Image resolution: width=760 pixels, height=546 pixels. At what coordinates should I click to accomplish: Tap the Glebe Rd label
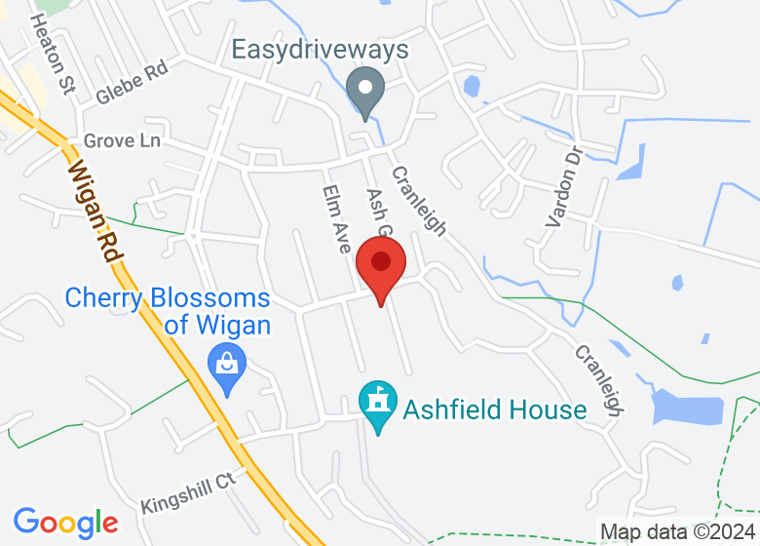pos(133,83)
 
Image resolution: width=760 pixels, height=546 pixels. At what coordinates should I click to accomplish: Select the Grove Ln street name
pos(122,141)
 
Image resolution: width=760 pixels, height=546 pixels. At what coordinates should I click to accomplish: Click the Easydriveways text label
pos(320,50)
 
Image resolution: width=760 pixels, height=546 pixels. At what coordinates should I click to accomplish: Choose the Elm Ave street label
pos(335,219)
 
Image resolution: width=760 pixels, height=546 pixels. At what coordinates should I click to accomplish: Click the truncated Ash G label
pos(377,212)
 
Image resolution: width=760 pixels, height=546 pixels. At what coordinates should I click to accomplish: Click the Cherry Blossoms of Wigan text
pos(167,311)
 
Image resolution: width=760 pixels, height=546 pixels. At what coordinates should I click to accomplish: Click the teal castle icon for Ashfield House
pos(376,404)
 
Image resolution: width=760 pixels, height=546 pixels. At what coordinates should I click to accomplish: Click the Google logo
pos(65,523)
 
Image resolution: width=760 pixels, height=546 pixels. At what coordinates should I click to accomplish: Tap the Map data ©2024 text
pos(676,532)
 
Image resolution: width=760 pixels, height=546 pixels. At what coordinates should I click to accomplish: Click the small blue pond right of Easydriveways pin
pos(473,87)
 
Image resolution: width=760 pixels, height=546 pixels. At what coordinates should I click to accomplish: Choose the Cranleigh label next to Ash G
pos(419,201)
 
